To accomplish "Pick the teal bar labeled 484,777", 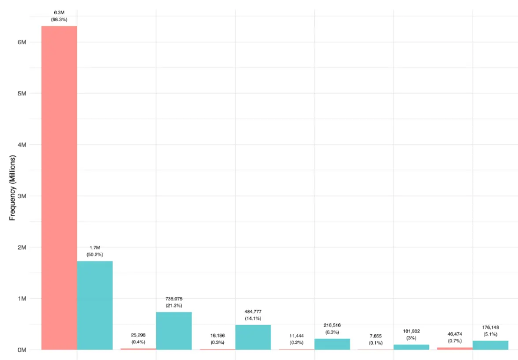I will tap(253, 337).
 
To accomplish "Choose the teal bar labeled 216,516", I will tap(332, 344).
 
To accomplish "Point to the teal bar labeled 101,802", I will tap(411, 347).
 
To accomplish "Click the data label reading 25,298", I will tap(138, 335).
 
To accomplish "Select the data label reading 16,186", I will tap(217, 335).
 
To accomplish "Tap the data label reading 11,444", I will tap(296, 336).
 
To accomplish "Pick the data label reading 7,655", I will tap(376, 336).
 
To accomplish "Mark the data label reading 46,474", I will tap(455, 333).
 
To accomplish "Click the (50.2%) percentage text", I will tap(95, 255).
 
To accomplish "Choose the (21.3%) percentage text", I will tap(174, 305).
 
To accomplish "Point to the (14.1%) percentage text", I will tap(253, 318).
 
